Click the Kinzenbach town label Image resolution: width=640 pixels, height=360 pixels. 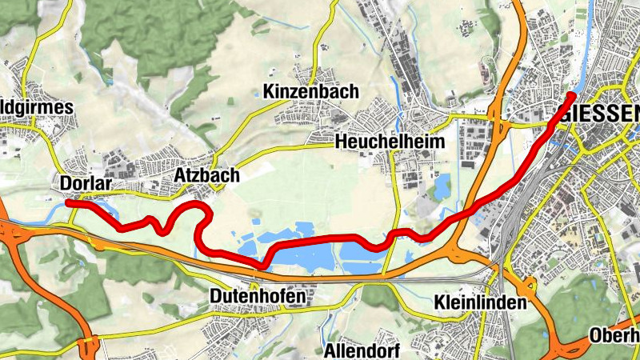coord(311,92)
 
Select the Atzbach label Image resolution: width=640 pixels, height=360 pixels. coord(195,176)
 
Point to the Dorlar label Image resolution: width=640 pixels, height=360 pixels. coord(83,184)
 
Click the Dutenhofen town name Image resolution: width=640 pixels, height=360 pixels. coord(257,297)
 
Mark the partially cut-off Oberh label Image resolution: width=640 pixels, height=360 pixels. coord(614,335)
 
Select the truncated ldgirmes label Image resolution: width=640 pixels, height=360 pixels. coord(36,108)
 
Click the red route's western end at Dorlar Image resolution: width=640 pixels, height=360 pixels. coord(69,204)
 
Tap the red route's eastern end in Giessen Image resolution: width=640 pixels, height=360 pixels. coord(571,96)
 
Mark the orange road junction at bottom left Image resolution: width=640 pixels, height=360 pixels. coord(86,346)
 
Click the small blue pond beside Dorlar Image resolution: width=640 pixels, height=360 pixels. coord(56,212)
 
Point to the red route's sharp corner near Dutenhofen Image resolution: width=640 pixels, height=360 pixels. coord(262,264)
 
